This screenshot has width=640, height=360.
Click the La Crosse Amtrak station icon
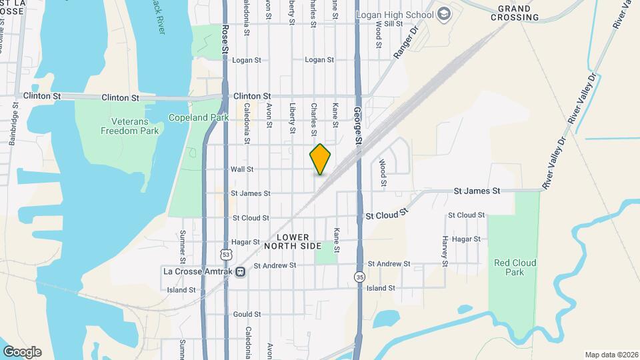coord(239,271)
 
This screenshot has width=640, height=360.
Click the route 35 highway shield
coord(360,276)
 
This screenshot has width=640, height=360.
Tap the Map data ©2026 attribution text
coord(610,355)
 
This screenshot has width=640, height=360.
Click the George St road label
coord(358,126)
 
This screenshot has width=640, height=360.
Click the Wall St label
coord(241,169)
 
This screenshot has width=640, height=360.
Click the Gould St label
coord(246,313)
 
